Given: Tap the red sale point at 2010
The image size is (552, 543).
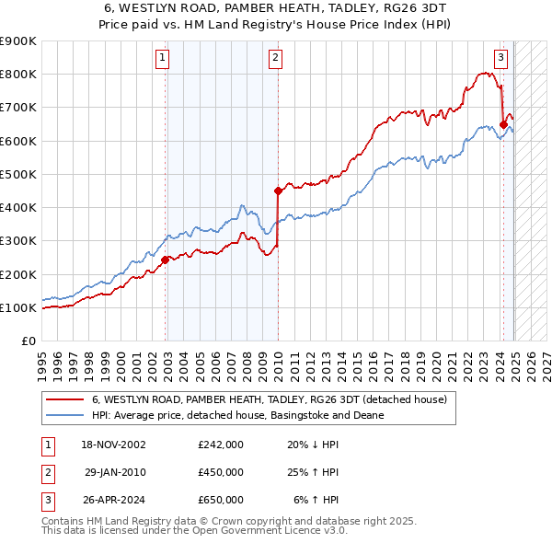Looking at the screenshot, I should pos(278,191).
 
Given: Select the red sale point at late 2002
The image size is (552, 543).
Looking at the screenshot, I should pos(166,260).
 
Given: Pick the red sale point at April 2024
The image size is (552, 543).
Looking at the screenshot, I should pos(503,124).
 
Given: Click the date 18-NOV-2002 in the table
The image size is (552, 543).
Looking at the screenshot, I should pos(113,444).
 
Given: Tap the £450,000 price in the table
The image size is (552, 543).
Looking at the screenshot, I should pos(221,472).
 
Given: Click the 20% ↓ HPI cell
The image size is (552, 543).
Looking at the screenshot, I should pos(313,444).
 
